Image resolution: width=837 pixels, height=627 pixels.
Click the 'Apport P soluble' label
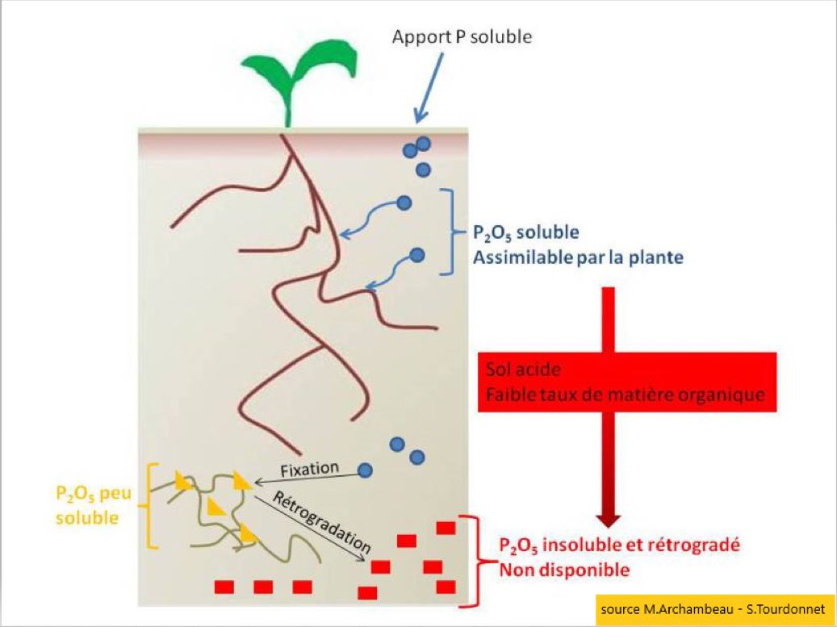click(x=462, y=37)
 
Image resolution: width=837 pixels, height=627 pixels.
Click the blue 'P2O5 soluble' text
click(x=525, y=233)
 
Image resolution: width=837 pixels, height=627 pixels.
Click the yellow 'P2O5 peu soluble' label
click(x=87, y=504)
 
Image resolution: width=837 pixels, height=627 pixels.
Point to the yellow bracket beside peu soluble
click(x=149, y=506)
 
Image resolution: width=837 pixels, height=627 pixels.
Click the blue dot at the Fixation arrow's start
click(x=366, y=470)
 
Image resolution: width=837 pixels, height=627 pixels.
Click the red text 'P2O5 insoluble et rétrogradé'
click(x=619, y=545)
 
